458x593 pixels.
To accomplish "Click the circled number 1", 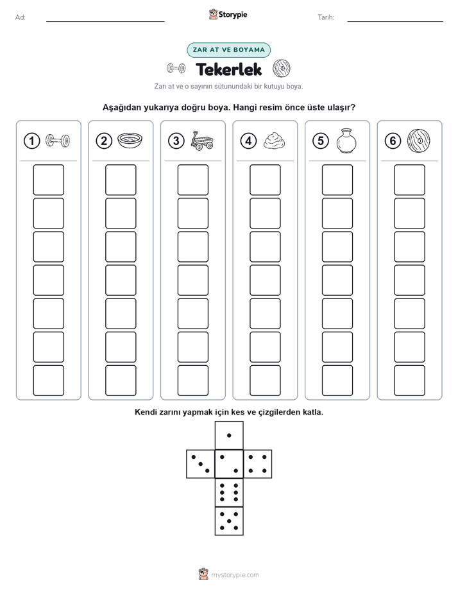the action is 31,141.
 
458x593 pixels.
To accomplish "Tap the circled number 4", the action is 248,141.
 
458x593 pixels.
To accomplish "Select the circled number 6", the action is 393,141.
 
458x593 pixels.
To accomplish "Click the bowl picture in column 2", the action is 130,141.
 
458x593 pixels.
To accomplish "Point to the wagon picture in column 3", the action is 202,141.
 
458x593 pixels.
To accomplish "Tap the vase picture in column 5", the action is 346,141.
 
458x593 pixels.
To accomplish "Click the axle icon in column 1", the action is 58,141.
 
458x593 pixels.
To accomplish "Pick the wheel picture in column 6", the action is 419,141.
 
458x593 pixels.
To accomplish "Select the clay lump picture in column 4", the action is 274,141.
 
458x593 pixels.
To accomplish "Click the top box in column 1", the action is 48,180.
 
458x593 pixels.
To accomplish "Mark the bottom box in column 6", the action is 410,381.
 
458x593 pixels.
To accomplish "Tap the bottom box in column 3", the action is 192,381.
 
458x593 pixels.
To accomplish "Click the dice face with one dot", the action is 229,435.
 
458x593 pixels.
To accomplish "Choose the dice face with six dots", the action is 229,492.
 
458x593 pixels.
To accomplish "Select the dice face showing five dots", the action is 229,521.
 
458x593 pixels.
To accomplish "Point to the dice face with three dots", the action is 201,463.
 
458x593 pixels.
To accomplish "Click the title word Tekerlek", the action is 229,69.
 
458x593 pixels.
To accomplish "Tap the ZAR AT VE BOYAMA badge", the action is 228,50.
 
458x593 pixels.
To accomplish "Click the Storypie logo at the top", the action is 228,15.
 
